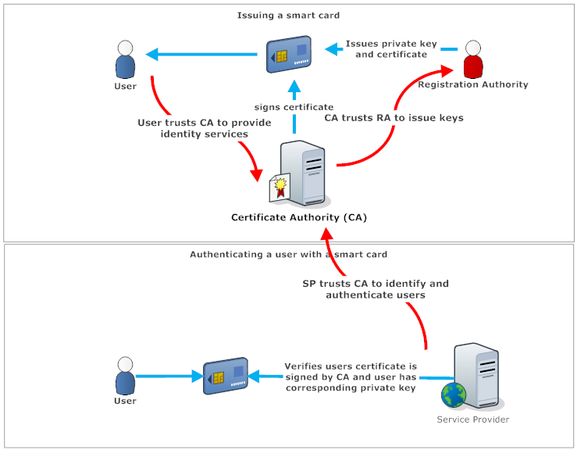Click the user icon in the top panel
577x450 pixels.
click(125, 59)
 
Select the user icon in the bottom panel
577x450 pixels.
click(125, 377)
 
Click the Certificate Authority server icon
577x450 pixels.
click(307, 173)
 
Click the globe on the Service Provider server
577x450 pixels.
click(452, 395)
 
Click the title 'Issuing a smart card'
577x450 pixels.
click(288, 15)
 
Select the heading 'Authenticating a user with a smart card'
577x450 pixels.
click(288, 255)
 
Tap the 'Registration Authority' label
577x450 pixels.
click(473, 84)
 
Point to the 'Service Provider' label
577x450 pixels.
click(473, 420)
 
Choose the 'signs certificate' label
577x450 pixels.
click(294, 107)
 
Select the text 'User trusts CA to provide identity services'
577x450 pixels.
click(204, 128)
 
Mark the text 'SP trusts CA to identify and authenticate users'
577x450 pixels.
click(376, 289)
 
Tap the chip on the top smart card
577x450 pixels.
click(280, 56)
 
